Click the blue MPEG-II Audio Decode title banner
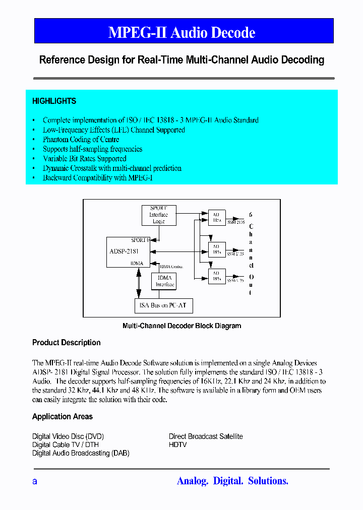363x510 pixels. coord(184,31)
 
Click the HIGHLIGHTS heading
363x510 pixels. coord(54,101)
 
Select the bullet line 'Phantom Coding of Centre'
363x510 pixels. coord(81,140)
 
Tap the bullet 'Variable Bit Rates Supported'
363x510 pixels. coord(84,159)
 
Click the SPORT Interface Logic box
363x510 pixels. coord(158,215)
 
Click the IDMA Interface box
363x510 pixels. coord(165,281)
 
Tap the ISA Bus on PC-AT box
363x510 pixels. coord(164,305)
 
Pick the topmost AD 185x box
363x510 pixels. coord(217,217)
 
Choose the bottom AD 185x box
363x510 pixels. coord(217,275)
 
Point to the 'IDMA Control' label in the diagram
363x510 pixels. coord(170,267)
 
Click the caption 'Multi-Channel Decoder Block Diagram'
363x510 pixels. coord(181,326)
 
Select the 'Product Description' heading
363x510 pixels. coord(66,343)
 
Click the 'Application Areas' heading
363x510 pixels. coord(63,417)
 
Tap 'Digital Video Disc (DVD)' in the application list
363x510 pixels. coord(68,436)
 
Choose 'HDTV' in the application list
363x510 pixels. coord(177,445)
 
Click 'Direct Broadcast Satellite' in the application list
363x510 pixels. coord(206,436)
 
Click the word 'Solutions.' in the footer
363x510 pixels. coord(268,481)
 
